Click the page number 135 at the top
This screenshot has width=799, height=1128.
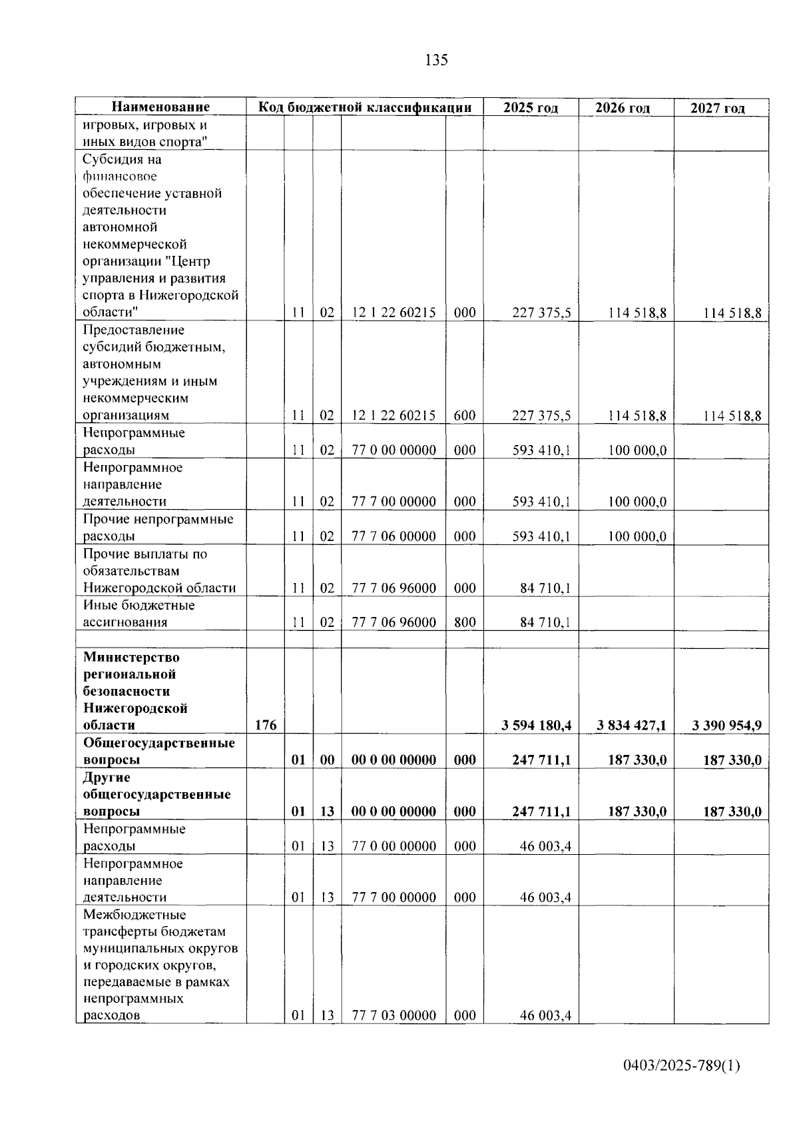pyautogui.click(x=436, y=61)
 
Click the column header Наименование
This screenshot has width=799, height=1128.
pyautogui.click(x=160, y=107)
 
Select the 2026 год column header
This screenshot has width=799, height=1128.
pyautogui.click(x=623, y=108)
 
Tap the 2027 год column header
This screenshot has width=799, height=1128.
pyautogui.click(x=718, y=108)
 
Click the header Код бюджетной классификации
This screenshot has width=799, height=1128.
pyautogui.click(x=365, y=107)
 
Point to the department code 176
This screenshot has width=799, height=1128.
pyautogui.click(x=266, y=726)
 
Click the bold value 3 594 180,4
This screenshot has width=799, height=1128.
pyautogui.click(x=536, y=726)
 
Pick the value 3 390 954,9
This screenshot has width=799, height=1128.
pyautogui.click(x=726, y=726)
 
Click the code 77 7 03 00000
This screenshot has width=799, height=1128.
pyautogui.click(x=394, y=1015)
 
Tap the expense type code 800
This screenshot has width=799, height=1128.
pyautogui.click(x=465, y=622)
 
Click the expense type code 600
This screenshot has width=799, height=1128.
pyautogui.click(x=465, y=416)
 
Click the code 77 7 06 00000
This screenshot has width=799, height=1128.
pyautogui.click(x=394, y=536)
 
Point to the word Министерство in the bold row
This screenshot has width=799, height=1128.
pyautogui.click(x=131, y=657)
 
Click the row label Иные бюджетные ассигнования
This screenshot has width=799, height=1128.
pyautogui.click(x=138, y=614)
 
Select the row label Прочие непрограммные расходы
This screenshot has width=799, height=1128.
pyautogui.click(x=158, y=528)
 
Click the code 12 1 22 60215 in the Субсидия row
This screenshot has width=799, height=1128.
pyautogui.click(x=394, y=312)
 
